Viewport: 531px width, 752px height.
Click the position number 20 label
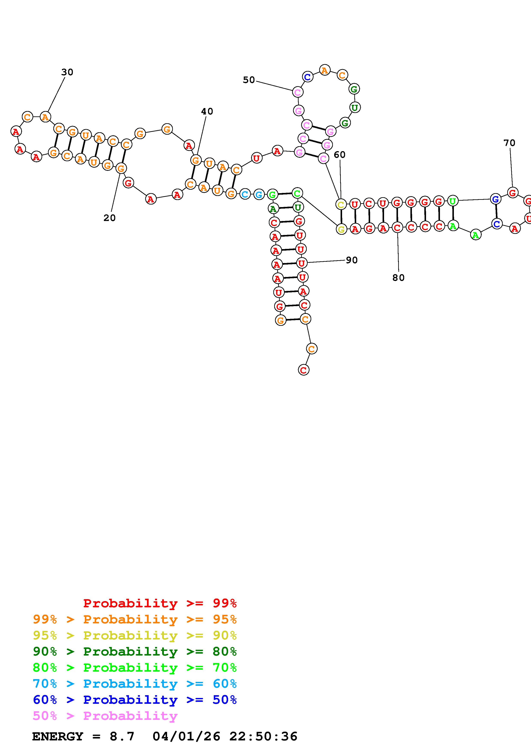coord(110,218)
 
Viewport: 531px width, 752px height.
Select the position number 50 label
coord(249,80)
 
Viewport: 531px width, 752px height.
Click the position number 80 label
coord(398,278)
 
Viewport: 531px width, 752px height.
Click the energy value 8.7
coord(122,736)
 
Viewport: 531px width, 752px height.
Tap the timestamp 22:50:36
coord(263,736)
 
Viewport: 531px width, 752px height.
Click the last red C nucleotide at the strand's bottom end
coord(304,370)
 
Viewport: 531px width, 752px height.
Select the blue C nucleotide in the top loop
coord(307,77)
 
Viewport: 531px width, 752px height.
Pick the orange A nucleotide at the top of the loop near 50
coord(325,70)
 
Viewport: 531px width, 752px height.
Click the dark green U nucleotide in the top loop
coord(355,107)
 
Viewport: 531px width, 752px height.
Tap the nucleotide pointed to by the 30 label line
coord(45,117)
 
